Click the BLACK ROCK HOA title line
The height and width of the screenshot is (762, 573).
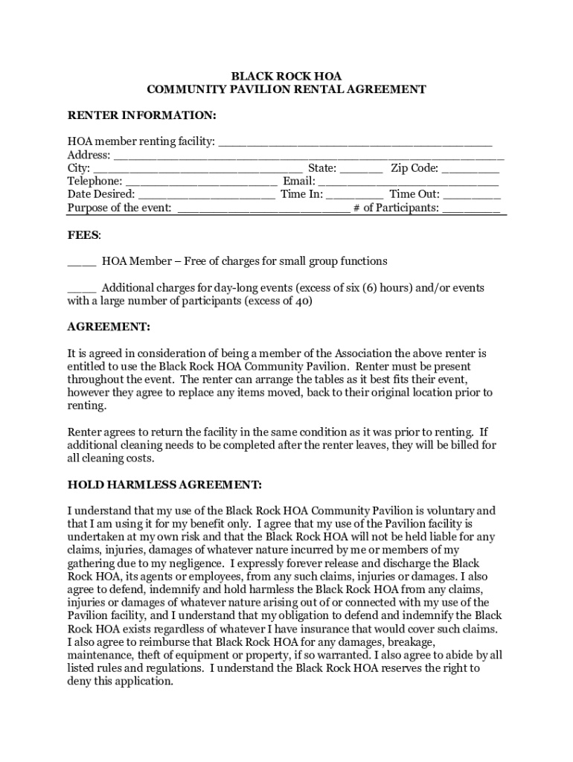click(x=286, y=76)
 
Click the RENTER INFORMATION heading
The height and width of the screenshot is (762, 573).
click(x=141, y=115)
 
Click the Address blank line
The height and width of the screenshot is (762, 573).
click(x=308, y=156)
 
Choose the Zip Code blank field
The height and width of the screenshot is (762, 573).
click(x=470, y=169)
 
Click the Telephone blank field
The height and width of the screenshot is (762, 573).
click(x=202, y=182)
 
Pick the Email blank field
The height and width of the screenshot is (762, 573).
click(x=409, y=182)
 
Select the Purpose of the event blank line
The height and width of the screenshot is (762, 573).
click(x=263, y=208)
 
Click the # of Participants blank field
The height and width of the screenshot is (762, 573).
click(x=472, y=208)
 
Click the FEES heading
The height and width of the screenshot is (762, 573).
click(x=83, y=235)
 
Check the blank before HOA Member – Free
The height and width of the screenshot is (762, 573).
click(x=82, y=262)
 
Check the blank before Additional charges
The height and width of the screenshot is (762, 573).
click(x=82, y=288)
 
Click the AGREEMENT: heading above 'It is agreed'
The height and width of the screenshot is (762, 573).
click(x=109, y=327)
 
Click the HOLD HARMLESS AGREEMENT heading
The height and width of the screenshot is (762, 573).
click(x=164, y=485)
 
